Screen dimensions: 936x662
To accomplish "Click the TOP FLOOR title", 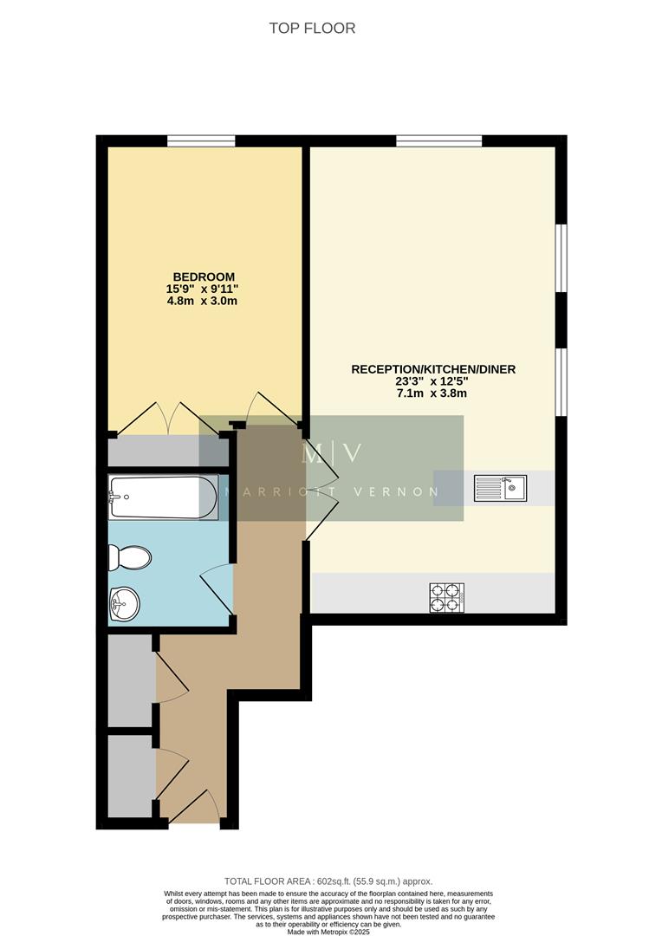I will click(312, 28).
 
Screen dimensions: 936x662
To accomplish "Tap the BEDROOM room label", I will click(202, 276).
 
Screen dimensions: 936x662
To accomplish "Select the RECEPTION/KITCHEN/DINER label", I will click(432, 369).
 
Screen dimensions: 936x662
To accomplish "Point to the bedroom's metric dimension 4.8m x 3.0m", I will click(202, 301).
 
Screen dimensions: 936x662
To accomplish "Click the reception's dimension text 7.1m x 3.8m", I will click(432, 393).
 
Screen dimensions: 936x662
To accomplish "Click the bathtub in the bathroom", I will click(162, 497).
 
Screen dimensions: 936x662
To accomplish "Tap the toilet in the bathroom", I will click(130, 557).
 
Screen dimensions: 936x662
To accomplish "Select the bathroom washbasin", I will click(126, 602).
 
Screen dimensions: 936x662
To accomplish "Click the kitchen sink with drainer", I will click(500, 488).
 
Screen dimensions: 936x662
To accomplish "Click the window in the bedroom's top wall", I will click(201, 141).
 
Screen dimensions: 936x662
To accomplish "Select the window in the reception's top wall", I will click(438, 141).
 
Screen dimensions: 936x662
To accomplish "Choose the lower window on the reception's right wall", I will click(561, 381).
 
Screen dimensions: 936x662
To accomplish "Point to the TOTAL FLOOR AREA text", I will click(328, 881).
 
